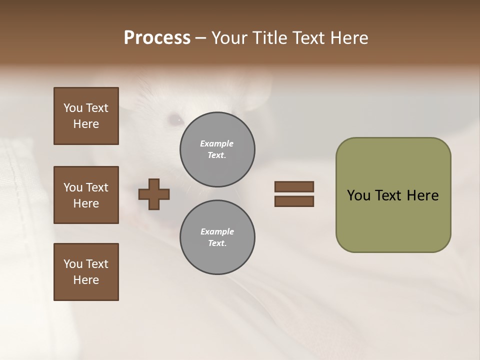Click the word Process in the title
click(157, 38)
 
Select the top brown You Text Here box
click(86, 116)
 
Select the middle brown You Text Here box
click(86, 195)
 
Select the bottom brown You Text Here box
click(86, 272)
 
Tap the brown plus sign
click(154, 194)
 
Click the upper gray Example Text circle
click(217, 149)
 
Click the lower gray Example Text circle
click(217, 237)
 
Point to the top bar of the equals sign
click(294, 186)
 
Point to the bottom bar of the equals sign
click(294, 201)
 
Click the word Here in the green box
click(422, 195)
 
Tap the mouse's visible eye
click(175, 119)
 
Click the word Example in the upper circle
click(217, 143)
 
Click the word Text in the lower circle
click(217, 243)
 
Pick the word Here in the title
click(349, 38)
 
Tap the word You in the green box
click(359, 195)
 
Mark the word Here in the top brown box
click(86, 124)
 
